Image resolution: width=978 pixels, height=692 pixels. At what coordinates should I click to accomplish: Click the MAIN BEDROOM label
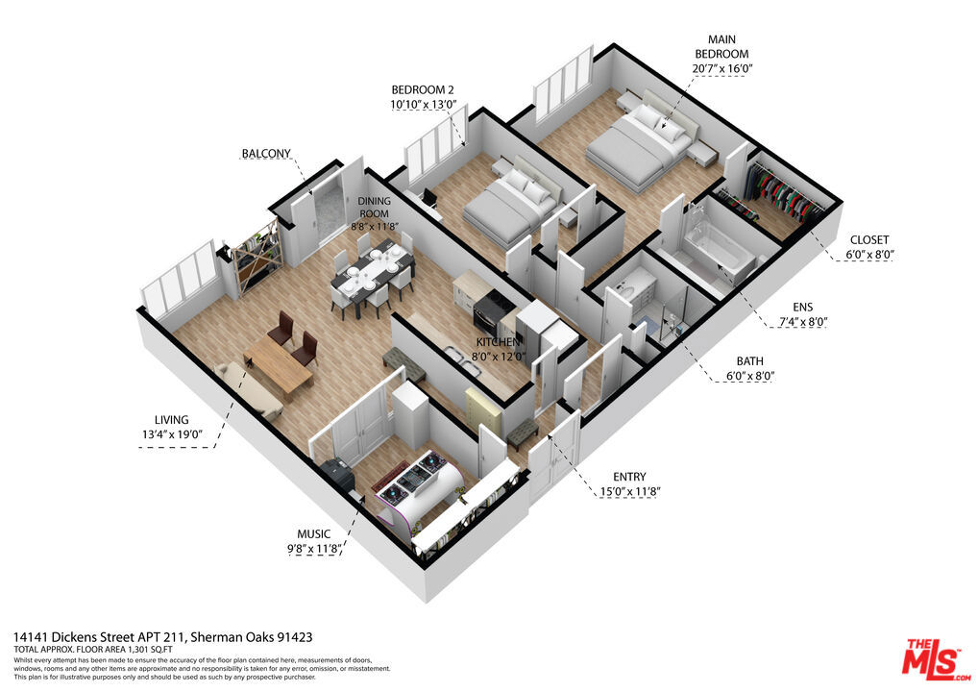[721, 47]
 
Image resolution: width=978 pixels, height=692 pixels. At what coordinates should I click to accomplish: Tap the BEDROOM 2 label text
[419, 89]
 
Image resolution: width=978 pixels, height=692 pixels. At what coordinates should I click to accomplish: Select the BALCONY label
[266, 154]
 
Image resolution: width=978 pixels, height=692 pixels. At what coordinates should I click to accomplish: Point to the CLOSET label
[868, 239]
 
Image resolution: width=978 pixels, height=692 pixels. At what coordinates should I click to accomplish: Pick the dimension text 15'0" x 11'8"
[630, 492]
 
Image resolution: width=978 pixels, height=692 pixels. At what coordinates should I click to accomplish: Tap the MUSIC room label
[314, 534]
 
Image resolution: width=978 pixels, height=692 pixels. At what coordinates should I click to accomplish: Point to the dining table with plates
[372, 277]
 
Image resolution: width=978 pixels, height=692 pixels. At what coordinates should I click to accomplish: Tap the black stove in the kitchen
[493, 311]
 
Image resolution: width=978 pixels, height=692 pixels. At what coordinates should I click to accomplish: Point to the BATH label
[749, 361]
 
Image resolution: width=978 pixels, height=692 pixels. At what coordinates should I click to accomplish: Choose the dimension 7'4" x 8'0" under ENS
[803, 322]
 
